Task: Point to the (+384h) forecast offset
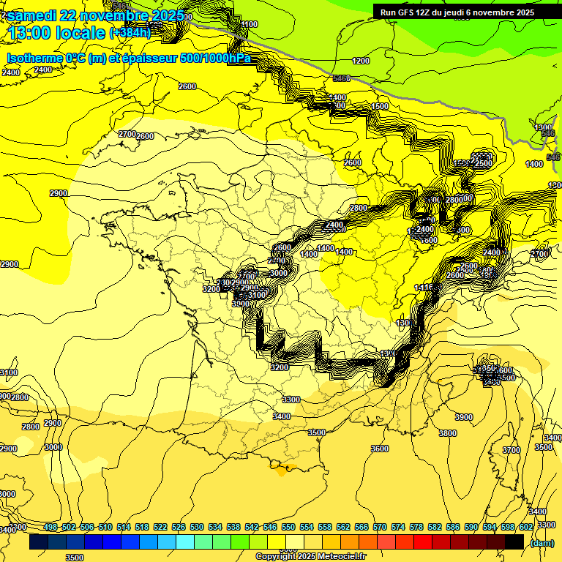click(x=130, y=32)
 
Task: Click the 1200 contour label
click(x=361, y=61)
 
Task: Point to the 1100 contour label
click(x=249, y=24)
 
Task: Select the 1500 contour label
click(x=380, y=107)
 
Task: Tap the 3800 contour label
click(x=447, y=433)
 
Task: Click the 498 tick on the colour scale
click(x=50, y=528)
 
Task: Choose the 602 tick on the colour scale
click(x=525, y=528)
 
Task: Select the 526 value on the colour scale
click(x=179, y=528)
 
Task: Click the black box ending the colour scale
click(x=514, y=542)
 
